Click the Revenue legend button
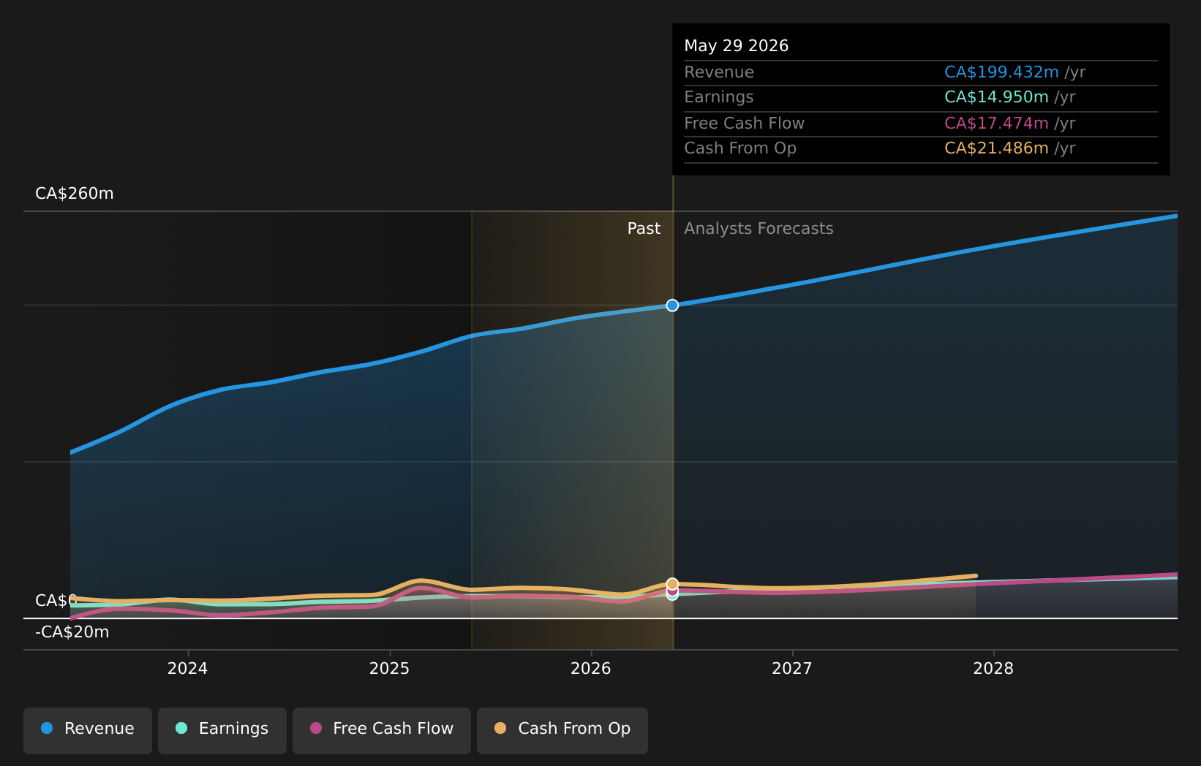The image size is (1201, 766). [x=87, y=731]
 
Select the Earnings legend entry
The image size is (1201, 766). [x=222, y=731]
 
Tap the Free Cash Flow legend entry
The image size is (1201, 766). [x=381, y=731]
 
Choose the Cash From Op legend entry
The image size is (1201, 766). [x=562, y=731]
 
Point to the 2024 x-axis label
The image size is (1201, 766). [x=188, y=669]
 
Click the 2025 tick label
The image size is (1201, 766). [x=389, y=669]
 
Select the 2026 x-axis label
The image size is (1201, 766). [x=591, y=669]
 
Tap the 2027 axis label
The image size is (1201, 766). [x=792, y=669]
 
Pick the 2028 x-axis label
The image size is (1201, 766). [x=993, y=669]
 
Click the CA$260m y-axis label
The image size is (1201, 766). [x=75, y=194]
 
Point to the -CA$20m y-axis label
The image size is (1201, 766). [x=72, y=632]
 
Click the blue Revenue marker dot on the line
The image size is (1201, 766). [x=672, y=306]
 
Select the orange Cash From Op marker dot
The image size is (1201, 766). [x=672, y=584]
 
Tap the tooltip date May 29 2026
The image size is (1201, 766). [x=736, y=46]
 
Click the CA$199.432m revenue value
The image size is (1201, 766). [x=1001, y=72]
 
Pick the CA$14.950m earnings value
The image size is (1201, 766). [x=996, y=97]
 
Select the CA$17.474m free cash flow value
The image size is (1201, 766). [x=996, y=124]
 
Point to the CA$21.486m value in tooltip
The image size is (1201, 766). [x=996, y=148]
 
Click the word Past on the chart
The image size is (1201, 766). [x=644, y=229]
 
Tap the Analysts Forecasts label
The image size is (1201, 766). [x=758, y=229]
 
